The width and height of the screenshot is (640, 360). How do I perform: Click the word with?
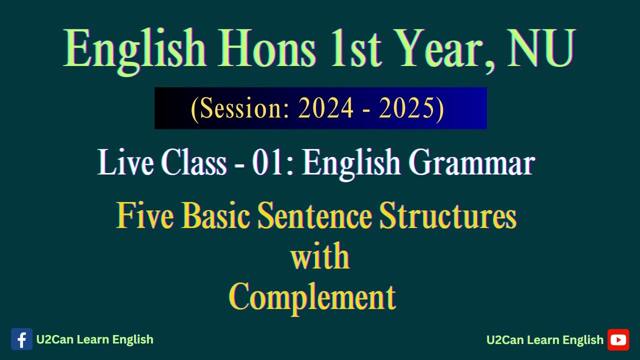point(320,256)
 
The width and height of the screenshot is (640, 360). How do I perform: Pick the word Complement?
point(312,297)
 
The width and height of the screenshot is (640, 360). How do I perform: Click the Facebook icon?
point(21,339)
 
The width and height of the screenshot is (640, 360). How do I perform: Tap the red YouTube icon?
point(618,340)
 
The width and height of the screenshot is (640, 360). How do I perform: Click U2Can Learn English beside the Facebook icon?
point(94,339)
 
